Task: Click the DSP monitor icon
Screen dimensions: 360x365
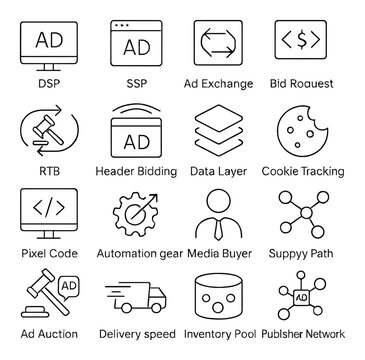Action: tap(48, 44)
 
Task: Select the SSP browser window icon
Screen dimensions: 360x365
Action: tap(136, 44)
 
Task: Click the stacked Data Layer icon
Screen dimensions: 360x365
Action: tap(219, 131)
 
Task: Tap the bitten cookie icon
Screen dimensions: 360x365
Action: tap(302, 131)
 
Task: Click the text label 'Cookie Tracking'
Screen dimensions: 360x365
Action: tap(302, 171)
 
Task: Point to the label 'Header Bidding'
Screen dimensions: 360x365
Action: tap(136, 171)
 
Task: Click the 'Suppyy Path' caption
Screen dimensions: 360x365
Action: tap(302, 253)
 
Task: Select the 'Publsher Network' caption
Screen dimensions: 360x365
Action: tap(302, 334)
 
